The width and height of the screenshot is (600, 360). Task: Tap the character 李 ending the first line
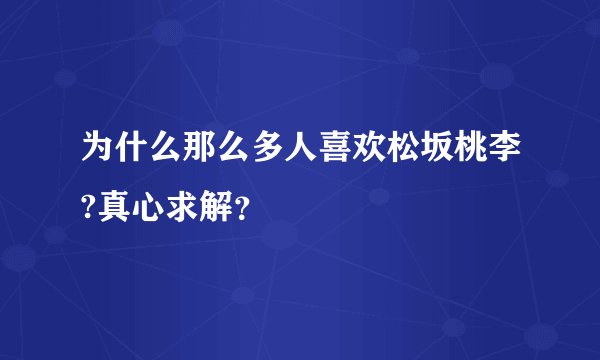[530, 155]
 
